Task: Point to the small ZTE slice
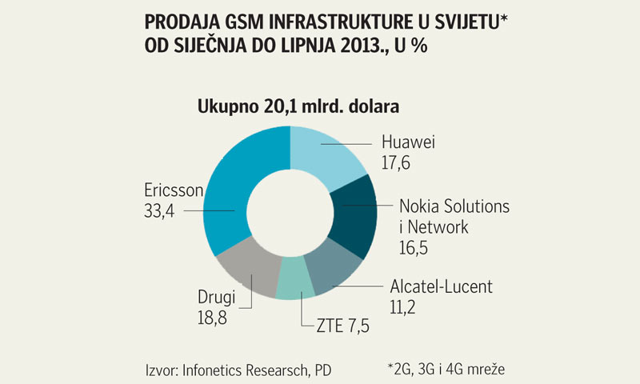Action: pyautogui.click(x=294, y=287)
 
